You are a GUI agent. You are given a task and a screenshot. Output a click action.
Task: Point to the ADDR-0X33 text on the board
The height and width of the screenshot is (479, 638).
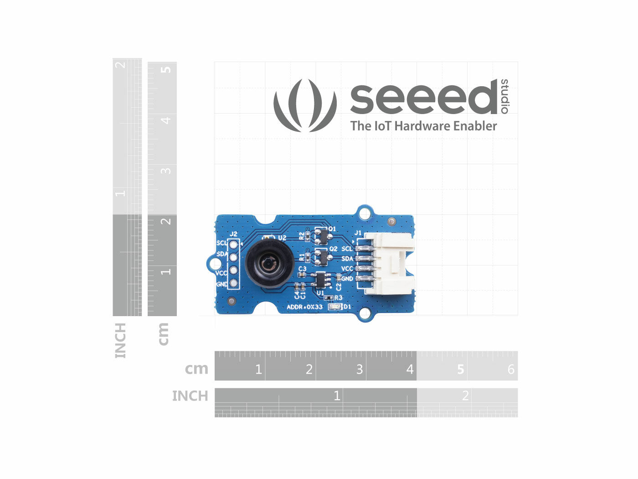click(x=304, y=307)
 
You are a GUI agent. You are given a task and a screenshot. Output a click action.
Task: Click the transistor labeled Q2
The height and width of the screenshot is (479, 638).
click(x=321, y=256)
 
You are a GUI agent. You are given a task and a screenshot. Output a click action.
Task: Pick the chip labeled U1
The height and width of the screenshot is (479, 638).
click(x=321, y=279)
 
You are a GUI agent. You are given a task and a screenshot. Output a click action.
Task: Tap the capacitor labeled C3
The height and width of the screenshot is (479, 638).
click(x=301, y=275)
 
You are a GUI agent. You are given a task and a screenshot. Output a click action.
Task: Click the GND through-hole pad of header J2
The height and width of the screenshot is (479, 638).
click(x=234, y=284)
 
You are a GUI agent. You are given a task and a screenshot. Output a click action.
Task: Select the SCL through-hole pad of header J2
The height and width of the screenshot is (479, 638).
click(x=234, y=245)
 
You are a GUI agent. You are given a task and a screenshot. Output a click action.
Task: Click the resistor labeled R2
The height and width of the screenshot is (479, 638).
click(x=308, y=236)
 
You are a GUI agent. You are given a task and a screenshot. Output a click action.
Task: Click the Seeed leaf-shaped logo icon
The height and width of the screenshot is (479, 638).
click(x=305, y=105)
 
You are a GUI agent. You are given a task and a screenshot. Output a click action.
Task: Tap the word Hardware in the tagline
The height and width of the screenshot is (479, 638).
click(x=422, y=126)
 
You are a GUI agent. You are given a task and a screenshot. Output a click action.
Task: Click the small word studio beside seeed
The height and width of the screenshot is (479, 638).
click(x=504, y=96)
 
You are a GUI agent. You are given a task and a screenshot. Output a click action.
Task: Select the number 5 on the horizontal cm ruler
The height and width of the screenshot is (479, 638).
click(x=461, y=369)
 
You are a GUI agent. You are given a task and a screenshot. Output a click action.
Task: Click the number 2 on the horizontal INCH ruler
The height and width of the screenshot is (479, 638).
click(x=465, y=396)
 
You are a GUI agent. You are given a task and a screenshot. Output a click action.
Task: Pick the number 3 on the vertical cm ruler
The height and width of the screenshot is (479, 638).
click(x=166, y=171)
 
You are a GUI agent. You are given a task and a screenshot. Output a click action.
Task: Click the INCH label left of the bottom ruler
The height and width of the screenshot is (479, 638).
click(x=190, y=396)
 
